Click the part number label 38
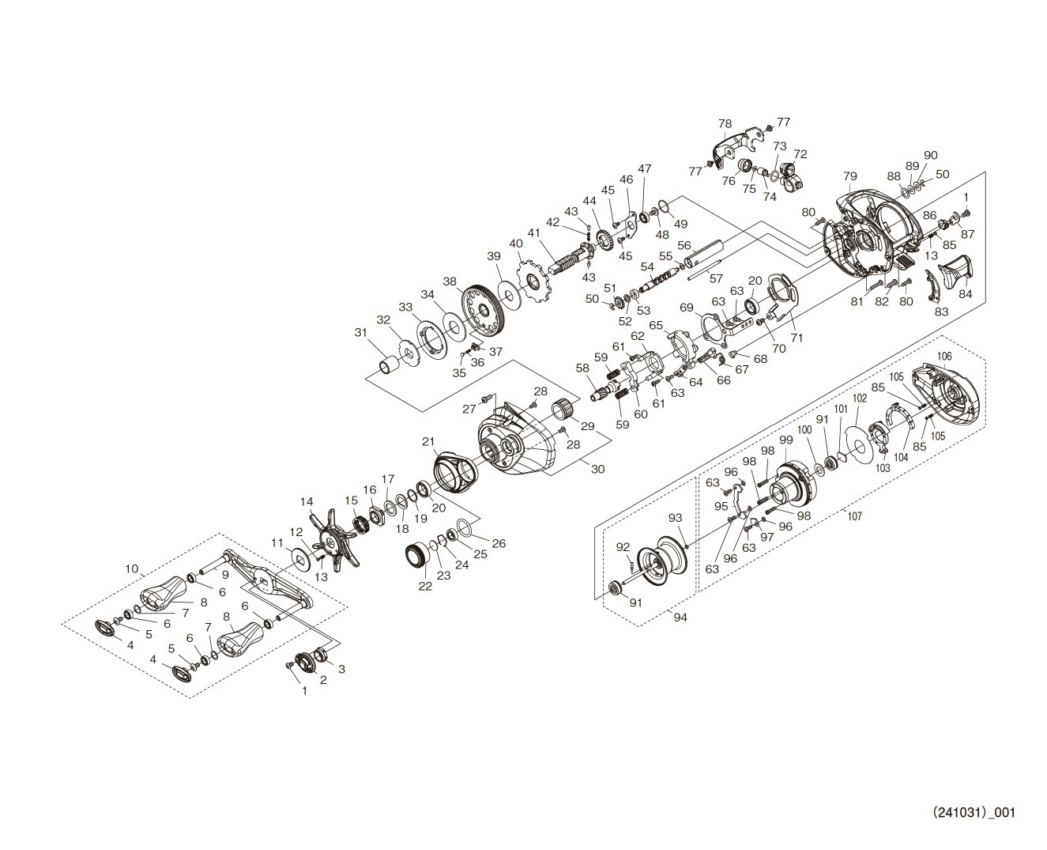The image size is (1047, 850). tap(450, 281)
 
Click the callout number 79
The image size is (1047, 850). tap(849, 176)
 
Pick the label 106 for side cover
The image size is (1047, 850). tap(944, 357)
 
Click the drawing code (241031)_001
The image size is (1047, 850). tap(974, 813)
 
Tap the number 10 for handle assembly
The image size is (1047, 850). tap(132, 569)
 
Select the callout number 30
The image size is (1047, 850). tap(597, 469)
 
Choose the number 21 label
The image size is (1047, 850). tap(428, 441)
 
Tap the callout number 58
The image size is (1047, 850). tap(582, 368)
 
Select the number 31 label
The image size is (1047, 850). tap(361, 332)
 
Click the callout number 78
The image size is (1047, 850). tap(725, 124)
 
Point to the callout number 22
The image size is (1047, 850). tap(425, 586)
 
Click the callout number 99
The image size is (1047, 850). tap(785, 440)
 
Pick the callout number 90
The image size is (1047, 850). tap(930, 156)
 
